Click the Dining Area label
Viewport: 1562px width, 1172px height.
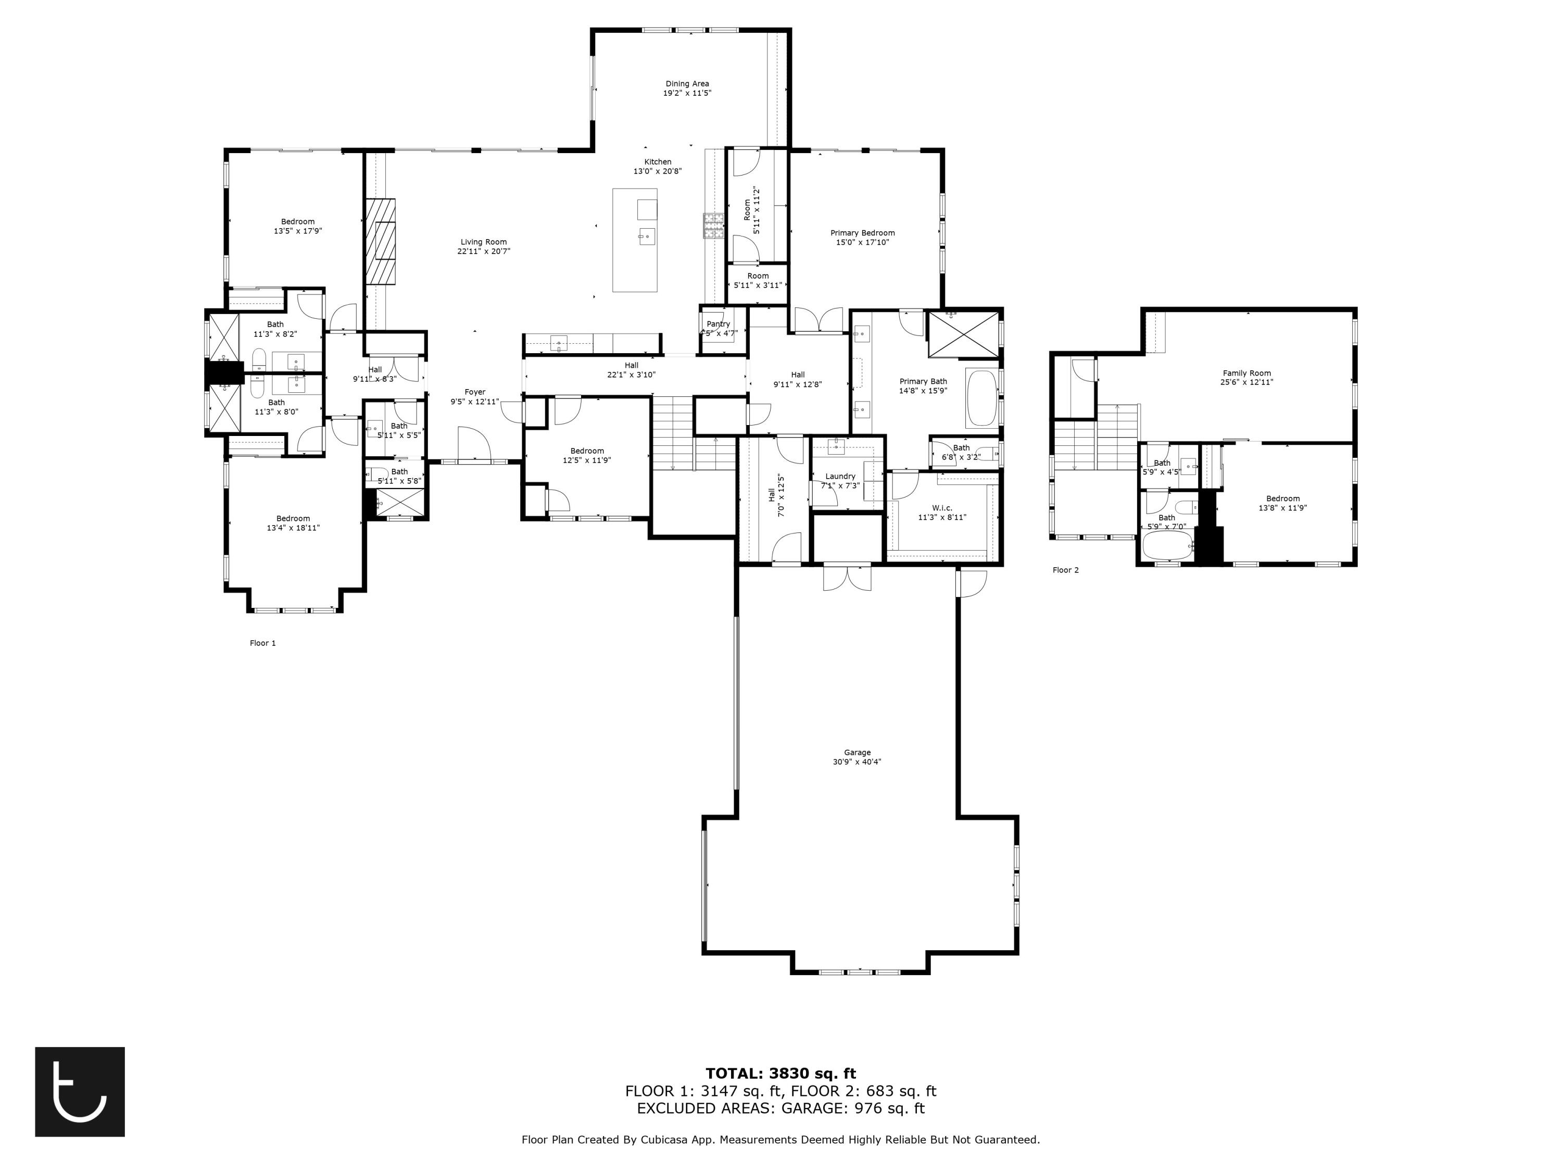click(686, 83)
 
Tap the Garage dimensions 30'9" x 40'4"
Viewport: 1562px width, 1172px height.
click(856, 762)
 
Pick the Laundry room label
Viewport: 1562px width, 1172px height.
click(840, 476)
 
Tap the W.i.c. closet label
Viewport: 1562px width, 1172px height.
click(941, 508)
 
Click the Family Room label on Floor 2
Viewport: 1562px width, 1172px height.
click(1246, 373)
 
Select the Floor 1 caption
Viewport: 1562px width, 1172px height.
click(263, 643)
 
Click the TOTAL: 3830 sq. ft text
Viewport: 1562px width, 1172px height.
click(780, 1074)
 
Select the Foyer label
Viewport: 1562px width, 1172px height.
click(474, 392)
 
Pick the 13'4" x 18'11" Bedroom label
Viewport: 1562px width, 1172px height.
click(293, 528)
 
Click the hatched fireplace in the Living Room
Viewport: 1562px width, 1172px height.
click(380, 241)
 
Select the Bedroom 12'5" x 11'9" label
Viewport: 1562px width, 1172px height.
click(587, 460)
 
